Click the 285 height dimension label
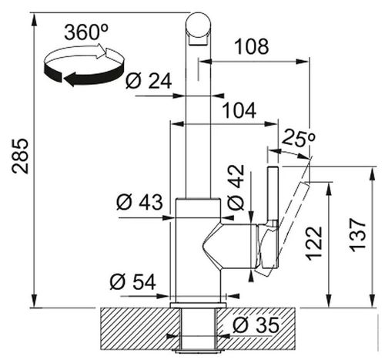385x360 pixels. pos(20,156)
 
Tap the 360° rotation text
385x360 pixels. pos(86,32)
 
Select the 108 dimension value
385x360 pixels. pos(252,46)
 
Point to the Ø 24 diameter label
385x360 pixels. pos(149,81)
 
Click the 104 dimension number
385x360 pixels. pos(239,110)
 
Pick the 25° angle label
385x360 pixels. pos(298,138)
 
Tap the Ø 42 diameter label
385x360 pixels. pos(236,187)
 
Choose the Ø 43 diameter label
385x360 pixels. pos(139,202)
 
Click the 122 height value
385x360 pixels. pos(313,243)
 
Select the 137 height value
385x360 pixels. pos(357,235)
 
